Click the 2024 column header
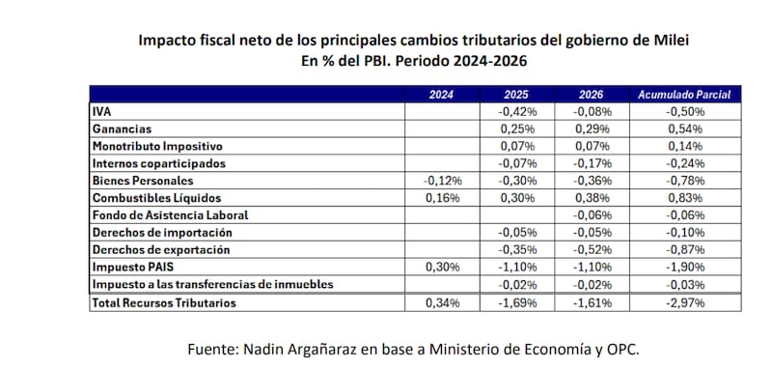pyautogui.click(x=441, y=95)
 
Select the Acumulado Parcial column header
pyautogui.click(x=684, y=95)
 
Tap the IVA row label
pyautogui.click(x=101, y=112)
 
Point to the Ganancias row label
pyautogui.click(x=122, y=129)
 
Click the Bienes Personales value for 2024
pyautogui.click(x=442, y=181)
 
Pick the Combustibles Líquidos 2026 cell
pyautogui.click(x=592, y=198)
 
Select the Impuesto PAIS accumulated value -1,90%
pyautogui.click(x=685, y=267)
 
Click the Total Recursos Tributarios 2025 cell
pyautogui.click(x=517, y=303)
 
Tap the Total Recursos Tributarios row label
pyautogui.click(x=164, y=303)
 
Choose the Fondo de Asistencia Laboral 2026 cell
pyautogui.click(x=592, y=215)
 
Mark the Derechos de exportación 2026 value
pyautogui.click(x=592, y=250)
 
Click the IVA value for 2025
pyautogui.click(x=517, y=112)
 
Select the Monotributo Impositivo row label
pyautogui.click(x=157, y=146)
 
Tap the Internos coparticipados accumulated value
pyautogui.click(x=685, y=163)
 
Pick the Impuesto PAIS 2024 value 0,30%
pyautogui.click(x=443, y=267)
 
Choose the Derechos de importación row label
pyautogui.click(x=162, y=233)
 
